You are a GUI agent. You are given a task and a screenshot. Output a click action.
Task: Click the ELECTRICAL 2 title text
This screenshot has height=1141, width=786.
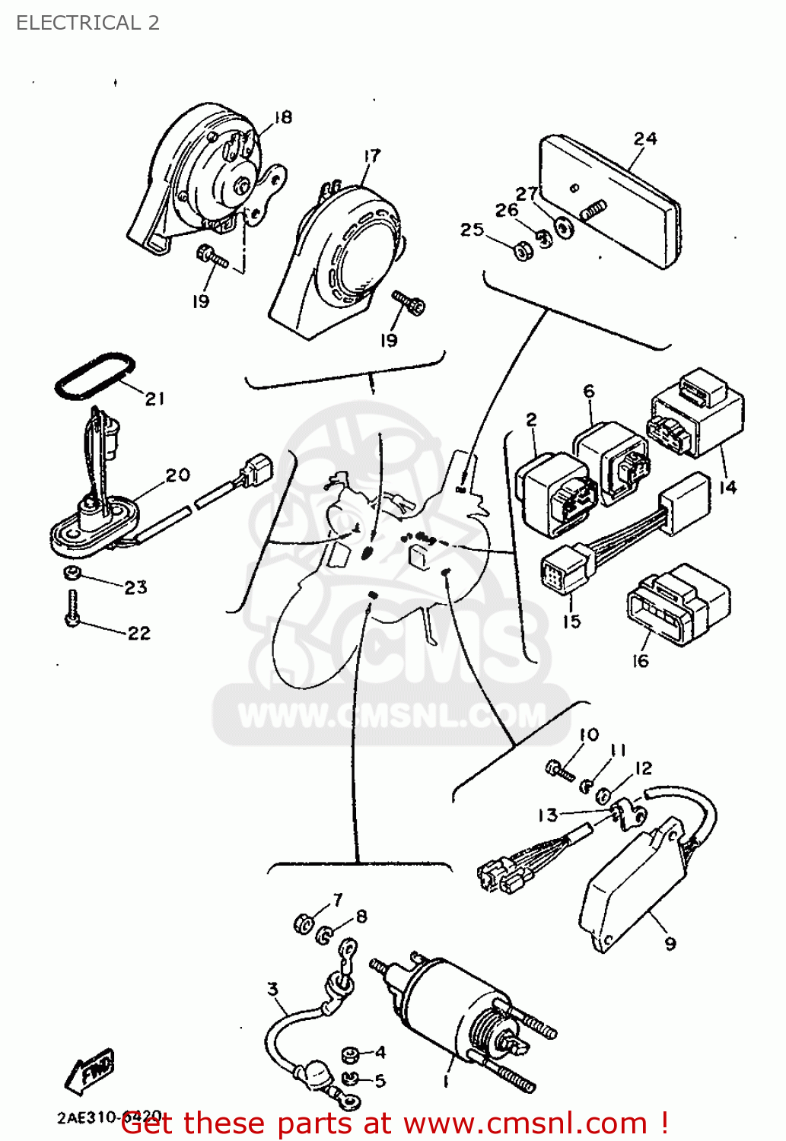coord(88,23)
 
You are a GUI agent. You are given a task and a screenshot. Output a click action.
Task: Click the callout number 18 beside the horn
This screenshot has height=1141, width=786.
coord(282,117)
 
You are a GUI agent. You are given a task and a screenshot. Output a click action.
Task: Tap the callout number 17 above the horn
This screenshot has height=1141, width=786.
coord(371,156)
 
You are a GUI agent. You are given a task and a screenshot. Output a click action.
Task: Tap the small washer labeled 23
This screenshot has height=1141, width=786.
coord(72,573)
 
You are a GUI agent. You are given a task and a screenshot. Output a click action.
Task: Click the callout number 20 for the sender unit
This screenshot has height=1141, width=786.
coord(177,475)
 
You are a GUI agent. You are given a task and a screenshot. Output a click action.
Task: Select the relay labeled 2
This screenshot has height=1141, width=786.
coord(554,493)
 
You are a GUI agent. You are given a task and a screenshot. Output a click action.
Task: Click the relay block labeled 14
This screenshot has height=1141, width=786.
coord(696,415)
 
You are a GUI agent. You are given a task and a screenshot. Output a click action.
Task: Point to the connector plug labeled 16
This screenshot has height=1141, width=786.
coord(677,605)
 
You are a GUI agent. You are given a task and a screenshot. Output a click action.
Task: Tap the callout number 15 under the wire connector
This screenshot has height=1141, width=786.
coord(571,621)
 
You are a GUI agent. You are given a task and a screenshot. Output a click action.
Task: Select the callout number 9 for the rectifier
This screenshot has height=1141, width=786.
coord(670,944)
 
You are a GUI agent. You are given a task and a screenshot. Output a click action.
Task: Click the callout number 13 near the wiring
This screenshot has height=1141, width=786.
coord(547,815)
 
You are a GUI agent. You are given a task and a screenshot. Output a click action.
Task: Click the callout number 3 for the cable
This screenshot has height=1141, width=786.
coord(272,989)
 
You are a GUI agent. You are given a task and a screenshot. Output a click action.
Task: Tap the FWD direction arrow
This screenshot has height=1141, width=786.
coord(90,1071)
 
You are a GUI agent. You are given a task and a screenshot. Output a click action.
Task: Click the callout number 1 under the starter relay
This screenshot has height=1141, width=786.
coord(447,1081)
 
